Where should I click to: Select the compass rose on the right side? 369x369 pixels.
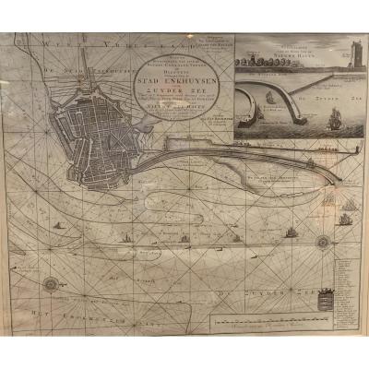point(323,243)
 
